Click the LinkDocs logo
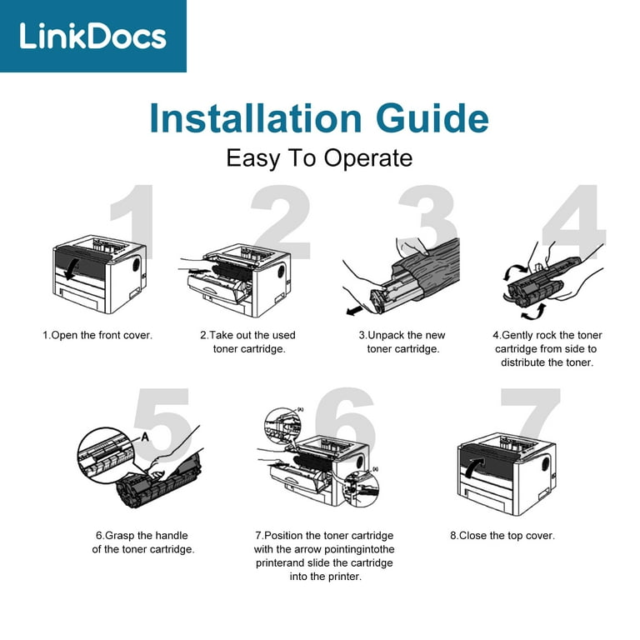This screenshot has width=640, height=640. (x=93, y=36)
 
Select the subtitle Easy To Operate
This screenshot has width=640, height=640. (x=319, y=158)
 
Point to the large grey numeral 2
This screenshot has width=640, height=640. (x=281, y=222)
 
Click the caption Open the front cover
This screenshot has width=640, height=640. (x=97, y=336)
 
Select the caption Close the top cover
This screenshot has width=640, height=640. (x=502, y=536)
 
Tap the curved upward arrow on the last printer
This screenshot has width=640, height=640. (x=474, y=467)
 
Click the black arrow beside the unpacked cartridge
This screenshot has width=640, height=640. (x=354, y=311)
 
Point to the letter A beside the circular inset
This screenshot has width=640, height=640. (x=145, y=437)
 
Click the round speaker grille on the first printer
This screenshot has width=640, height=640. (x=137, y=263)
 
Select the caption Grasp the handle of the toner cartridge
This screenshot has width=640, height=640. (x=142, y=542)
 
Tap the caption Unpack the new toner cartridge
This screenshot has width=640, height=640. (x=402, y=342)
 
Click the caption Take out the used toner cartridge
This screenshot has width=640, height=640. (x=248, y=342)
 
